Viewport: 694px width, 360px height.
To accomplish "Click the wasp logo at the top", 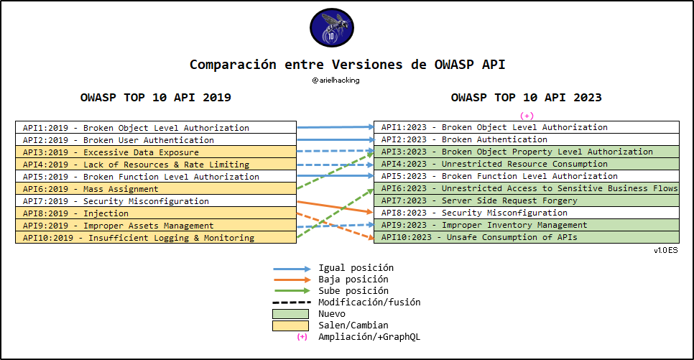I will (331, 28).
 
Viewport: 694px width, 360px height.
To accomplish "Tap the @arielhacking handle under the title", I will (336, 80).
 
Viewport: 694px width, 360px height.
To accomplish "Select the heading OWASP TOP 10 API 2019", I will (156, 98).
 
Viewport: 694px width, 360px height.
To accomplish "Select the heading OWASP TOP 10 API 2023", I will (526, 98).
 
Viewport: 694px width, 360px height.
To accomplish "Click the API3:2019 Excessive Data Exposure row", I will (155, 152).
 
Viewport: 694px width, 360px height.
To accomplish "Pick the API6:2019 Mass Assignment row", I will (155, 189).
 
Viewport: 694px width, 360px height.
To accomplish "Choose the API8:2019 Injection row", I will (155, 213).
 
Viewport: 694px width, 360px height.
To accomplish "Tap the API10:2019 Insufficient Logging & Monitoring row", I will (155, 238).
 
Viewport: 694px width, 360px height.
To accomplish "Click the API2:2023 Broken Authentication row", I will (526, 139).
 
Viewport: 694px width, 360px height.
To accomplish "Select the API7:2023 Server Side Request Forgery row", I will (526, 200).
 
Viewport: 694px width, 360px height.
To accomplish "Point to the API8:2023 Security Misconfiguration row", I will (526, 213).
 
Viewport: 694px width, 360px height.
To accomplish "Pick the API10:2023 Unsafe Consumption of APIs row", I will (526, 237).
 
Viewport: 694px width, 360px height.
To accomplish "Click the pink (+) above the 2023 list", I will (527, 116).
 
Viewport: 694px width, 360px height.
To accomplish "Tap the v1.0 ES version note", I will (665, 250).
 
